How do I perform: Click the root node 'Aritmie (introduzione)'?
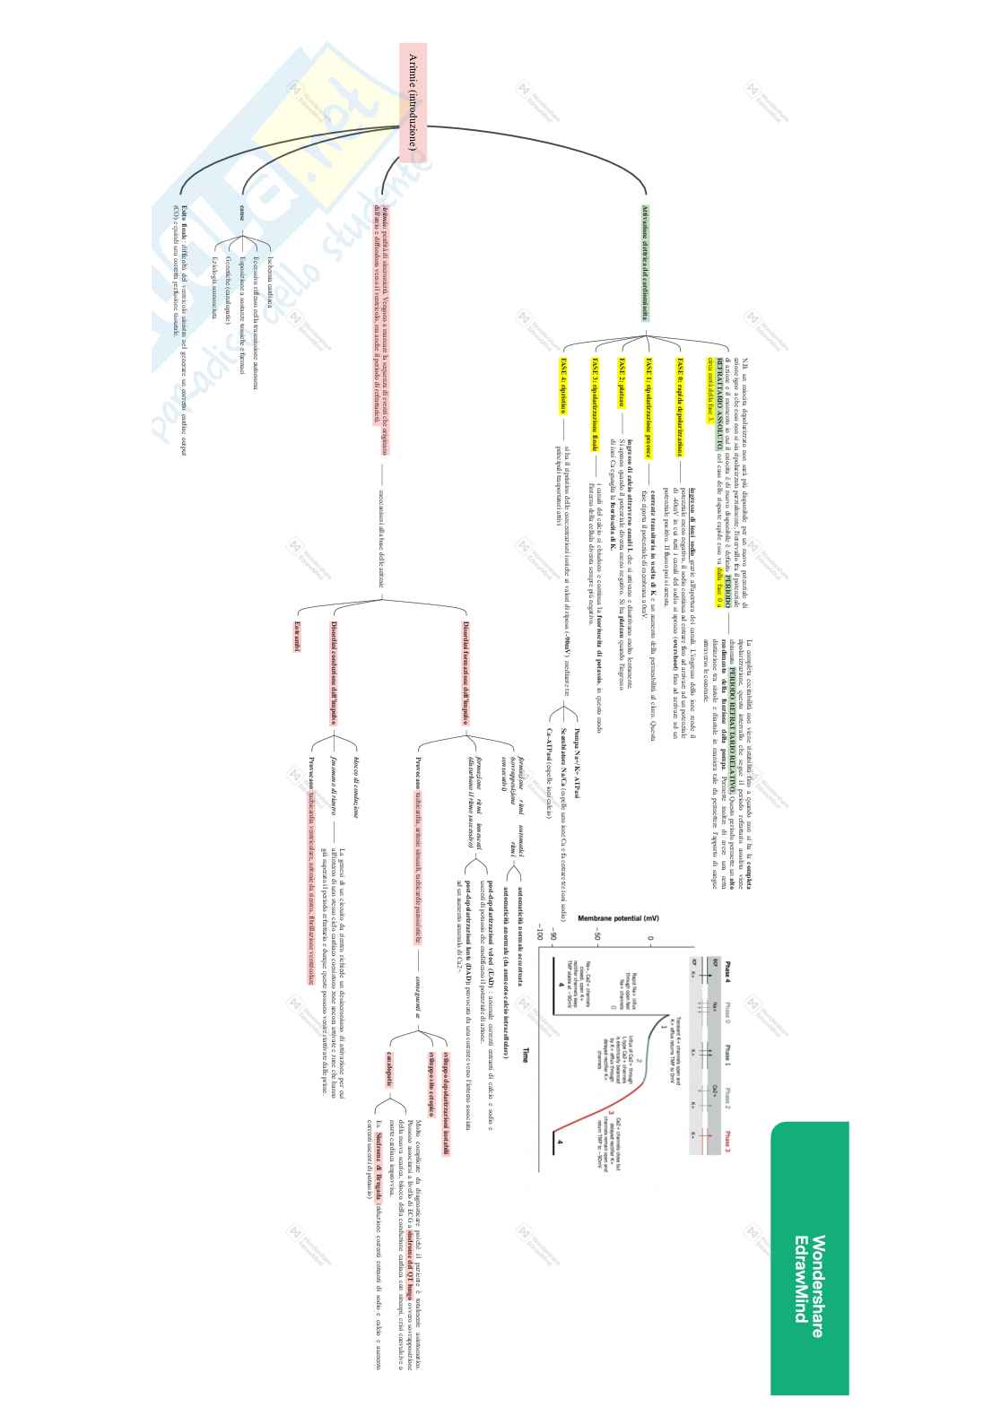coord(413,104)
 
